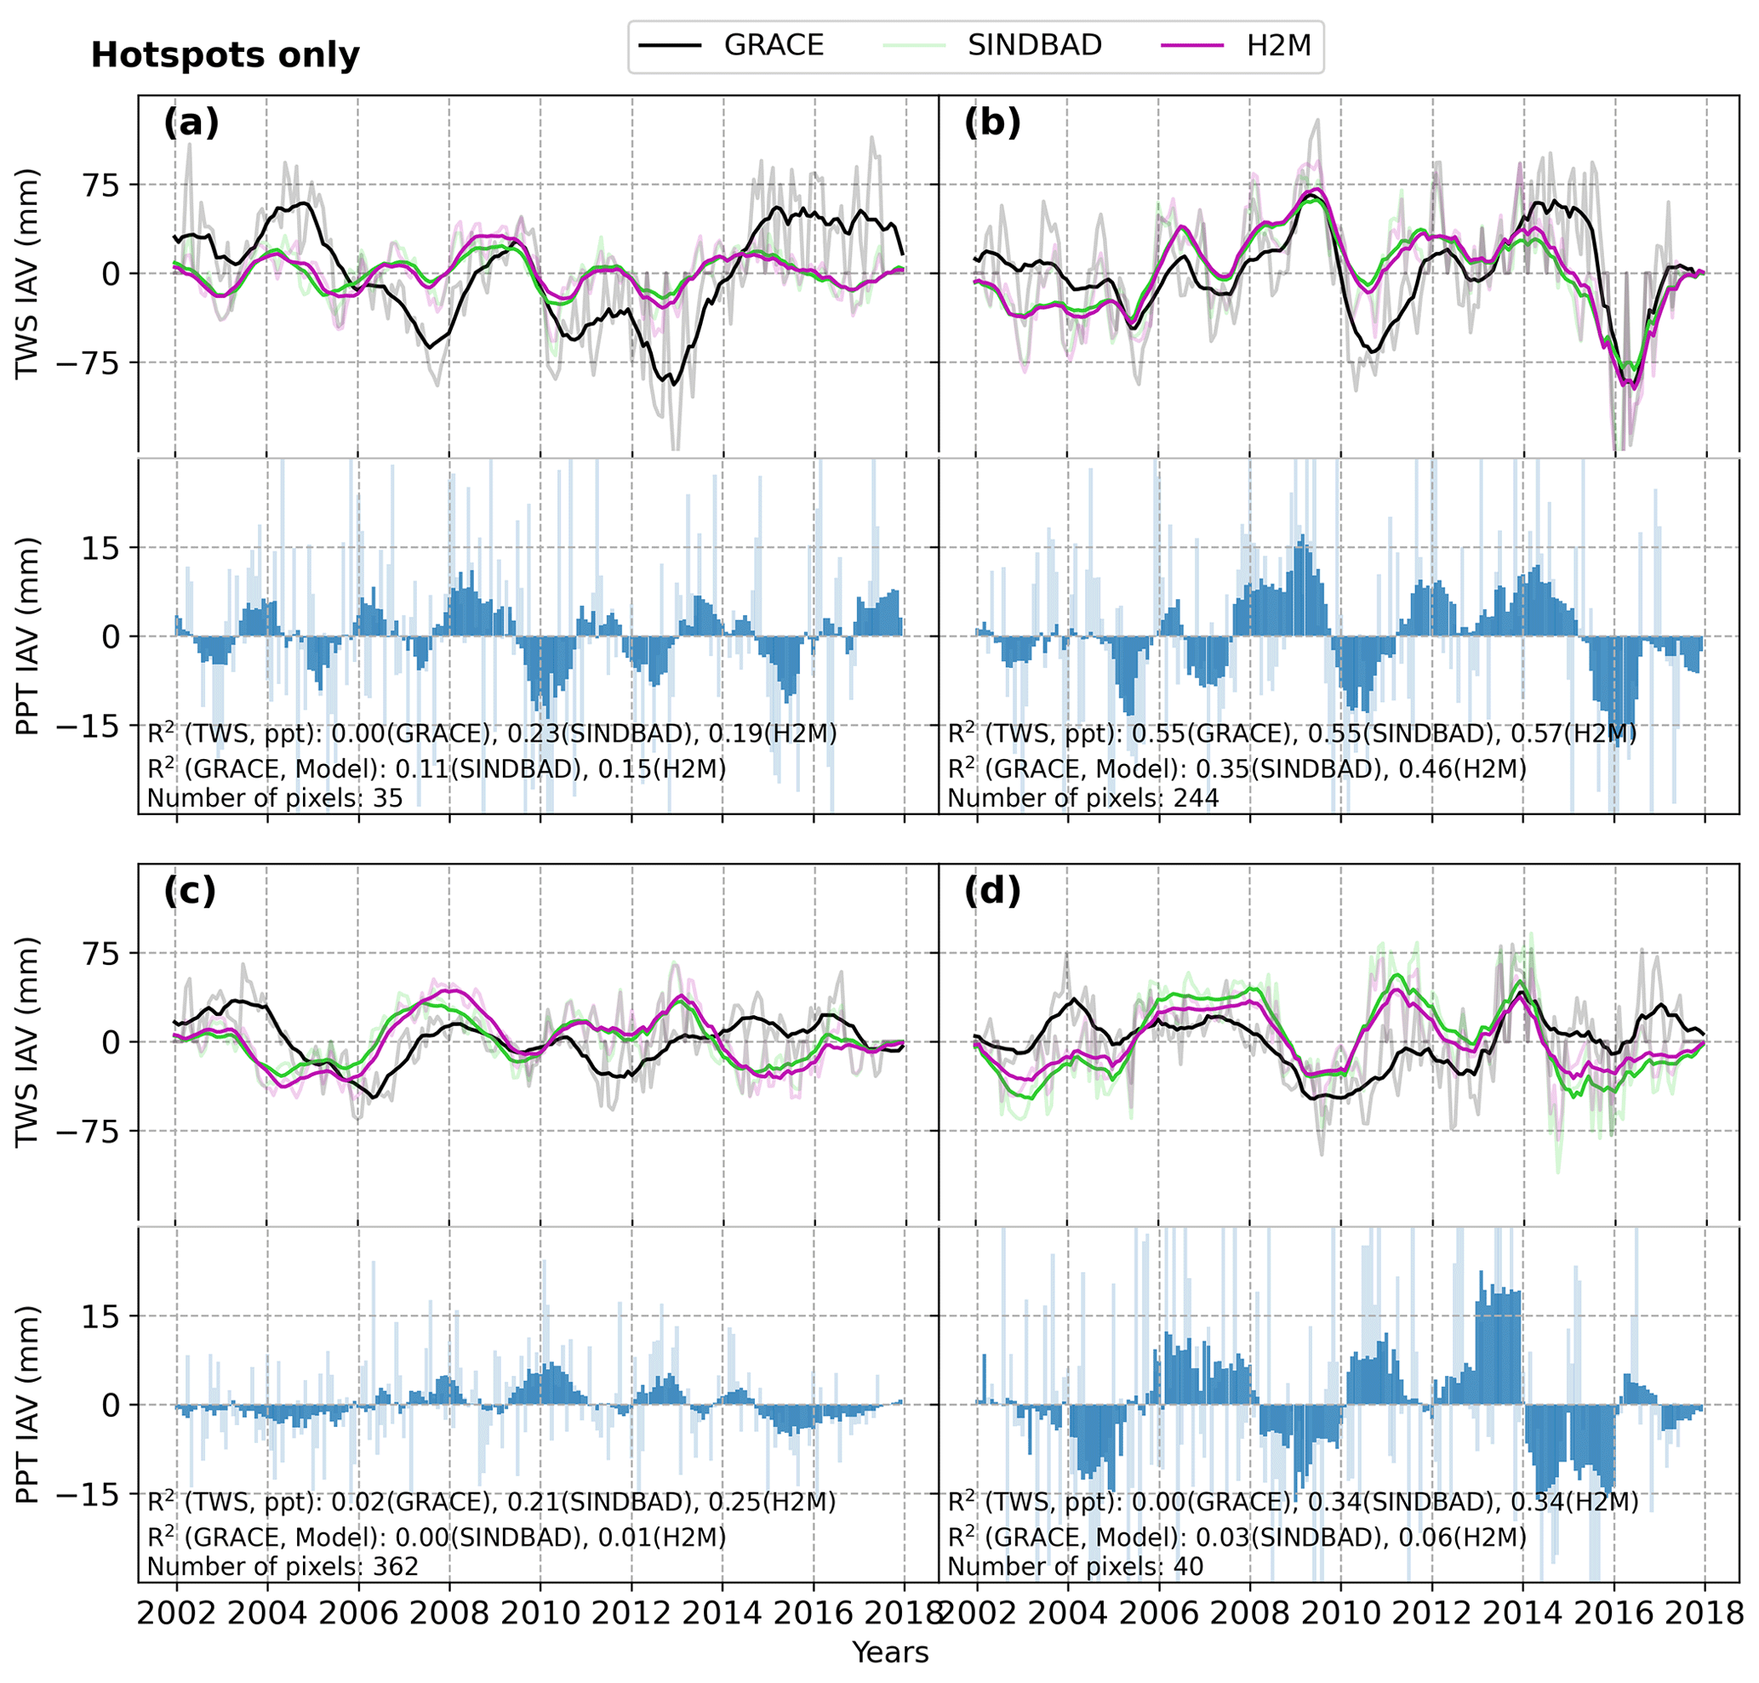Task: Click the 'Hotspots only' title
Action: click(x=226, y=55)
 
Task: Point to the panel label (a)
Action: click(x=191, y=123)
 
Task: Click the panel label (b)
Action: click(x=991, y=123)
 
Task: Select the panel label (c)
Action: click(x=191, y=891)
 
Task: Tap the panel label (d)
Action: click(x=991, y=891)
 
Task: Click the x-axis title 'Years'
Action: click(x=890, y=1652)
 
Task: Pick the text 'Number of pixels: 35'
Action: click(x=275, y=797)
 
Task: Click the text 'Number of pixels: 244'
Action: click(x=1082, y=797)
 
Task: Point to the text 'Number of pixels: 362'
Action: click(x=283, y=1566)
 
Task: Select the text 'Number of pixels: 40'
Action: click(x=1075, y=1566)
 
